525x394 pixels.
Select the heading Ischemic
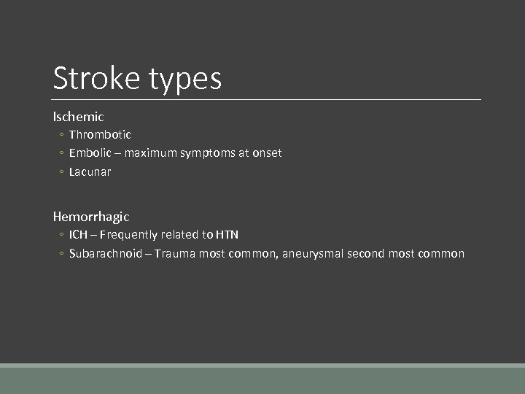pyautogui.click(x=78, y=116)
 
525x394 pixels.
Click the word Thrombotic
pyautogui.click(x=100, y=134)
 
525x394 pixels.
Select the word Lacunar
pyautogui.click(x=90, y=172)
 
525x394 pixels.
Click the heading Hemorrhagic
pyautogui.click(x=91, y=217)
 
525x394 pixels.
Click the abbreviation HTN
pyautogui.click(x=227, y=235)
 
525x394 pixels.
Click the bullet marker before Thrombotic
pyautogui.click(x=62, y=135)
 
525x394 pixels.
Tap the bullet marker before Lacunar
pyautogui.click(x=62, y=173)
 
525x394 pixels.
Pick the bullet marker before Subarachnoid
pyautogui.click(x=62, y=255)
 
